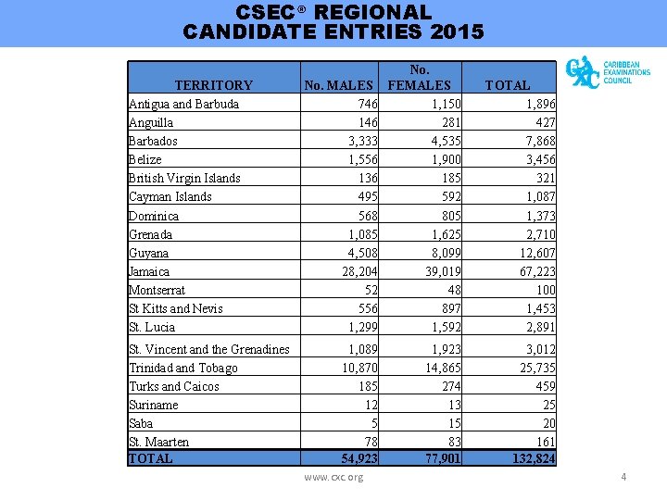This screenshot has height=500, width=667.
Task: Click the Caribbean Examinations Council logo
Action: pos(607,72)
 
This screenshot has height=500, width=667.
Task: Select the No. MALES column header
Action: pos(339,85)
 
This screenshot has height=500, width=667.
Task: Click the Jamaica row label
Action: pos(149,271)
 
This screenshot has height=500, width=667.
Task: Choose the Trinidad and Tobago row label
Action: pos(183,368)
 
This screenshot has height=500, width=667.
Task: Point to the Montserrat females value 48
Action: pos(453,290)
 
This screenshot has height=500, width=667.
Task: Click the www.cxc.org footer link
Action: pos(333,477)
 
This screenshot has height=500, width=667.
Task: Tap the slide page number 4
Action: pos(623,477)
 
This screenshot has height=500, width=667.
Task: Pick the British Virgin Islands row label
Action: pos(184,178)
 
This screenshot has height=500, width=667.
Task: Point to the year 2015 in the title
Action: pos(457,32)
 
